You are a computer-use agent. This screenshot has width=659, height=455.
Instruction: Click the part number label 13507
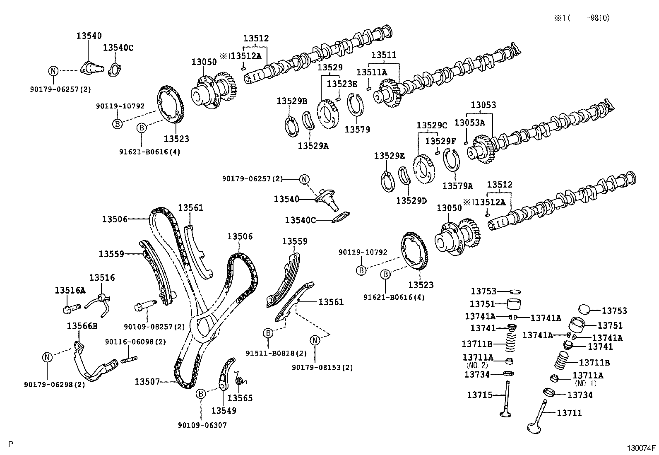coord(147,381)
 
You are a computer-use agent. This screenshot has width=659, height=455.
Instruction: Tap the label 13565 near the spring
coord(240,398)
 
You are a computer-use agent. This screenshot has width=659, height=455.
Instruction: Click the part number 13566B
coord(82,326)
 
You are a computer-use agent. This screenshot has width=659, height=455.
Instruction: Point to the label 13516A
coord(70,291)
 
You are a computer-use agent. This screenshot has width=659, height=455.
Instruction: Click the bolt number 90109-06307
coord(202,425)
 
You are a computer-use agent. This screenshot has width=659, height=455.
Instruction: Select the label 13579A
coord(457,186)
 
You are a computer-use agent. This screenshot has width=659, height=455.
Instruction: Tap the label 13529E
coord(389,156)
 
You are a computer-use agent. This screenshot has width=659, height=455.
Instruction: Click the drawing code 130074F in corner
coord(641,448)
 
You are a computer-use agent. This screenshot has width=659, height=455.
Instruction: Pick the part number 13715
coord(480,395)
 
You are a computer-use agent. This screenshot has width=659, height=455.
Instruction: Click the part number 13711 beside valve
coord(569,413)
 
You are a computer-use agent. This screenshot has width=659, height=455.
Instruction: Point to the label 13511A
coord(372,72)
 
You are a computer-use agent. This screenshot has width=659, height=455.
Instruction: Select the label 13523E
coord(342,84)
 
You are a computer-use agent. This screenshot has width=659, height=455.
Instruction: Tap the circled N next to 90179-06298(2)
coord(47,357)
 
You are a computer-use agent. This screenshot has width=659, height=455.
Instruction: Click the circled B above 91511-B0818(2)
coord(268,332)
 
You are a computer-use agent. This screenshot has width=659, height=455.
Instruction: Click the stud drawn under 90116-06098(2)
coord(129,360)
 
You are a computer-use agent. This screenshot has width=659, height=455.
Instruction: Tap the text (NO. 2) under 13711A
coord(477,365)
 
